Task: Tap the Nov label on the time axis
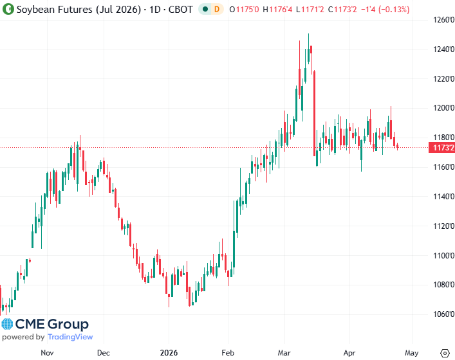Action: pyautogui.click(x=47, y=352)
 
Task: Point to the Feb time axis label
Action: pyautogui.click(x=227, y=352)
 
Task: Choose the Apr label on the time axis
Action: pyautogui.click(x=349, y=352)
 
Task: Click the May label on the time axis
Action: pyautogui.click(x=412, y=352)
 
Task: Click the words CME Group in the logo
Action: pyautogui.click(x=52, y=324)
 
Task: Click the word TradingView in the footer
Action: pyautogui.click(x=70, y=337)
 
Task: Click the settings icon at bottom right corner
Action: pyautogui.click(x=444, y=352)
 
